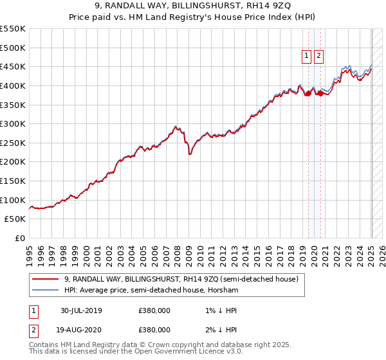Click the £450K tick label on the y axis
(12, 66)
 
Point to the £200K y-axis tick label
(12, 161)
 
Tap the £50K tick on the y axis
(15, 219)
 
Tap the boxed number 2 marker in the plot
(319, 56)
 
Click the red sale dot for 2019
(308, 93)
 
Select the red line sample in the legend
(46, 280)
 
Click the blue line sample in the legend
(46, 291)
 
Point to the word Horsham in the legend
(225, 291)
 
